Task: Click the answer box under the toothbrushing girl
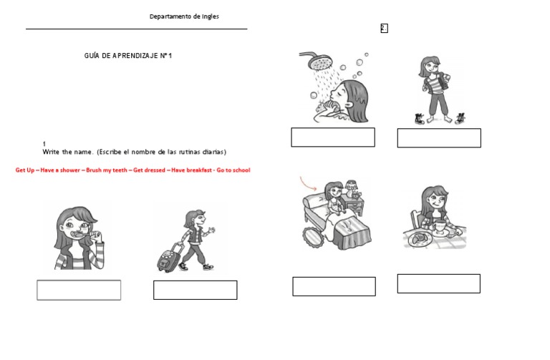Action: pos(79,290)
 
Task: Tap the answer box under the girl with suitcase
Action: pos(195,290)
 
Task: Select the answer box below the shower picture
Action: pos(333,137)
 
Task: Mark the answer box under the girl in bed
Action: pos(334,286)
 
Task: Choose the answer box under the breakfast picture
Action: pos(439,283)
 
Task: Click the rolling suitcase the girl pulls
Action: pos(168,258)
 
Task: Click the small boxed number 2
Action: pos(384,29)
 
